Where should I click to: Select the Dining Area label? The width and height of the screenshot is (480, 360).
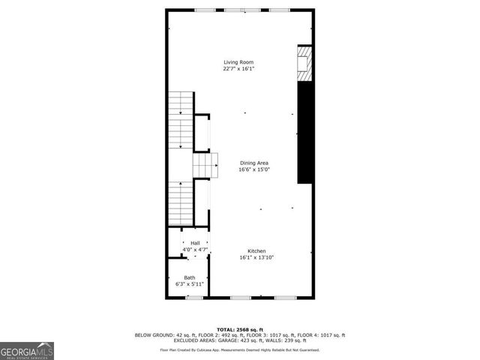(254, 163)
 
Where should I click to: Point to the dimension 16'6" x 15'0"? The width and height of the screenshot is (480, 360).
(254, 169)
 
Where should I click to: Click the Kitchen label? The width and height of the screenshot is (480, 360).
(257, 251)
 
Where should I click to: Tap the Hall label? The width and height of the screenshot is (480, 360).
(195, 243)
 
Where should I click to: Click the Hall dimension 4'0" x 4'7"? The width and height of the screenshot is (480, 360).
(195, 250)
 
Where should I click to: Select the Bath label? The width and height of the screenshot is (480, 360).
(190, 278)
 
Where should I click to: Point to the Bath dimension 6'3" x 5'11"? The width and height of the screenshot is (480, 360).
(190, 285)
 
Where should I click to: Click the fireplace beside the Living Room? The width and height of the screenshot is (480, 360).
(304, 64)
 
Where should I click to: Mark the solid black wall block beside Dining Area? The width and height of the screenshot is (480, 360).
(305, 132)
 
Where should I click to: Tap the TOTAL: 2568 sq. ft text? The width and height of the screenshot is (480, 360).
(240, 329)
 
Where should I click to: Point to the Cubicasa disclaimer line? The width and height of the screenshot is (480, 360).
(240, 349)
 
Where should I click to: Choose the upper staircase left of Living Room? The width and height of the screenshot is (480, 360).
(181, 120)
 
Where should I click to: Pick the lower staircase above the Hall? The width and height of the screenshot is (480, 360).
(181, 202)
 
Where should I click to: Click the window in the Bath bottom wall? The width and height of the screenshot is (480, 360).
(194, 298)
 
